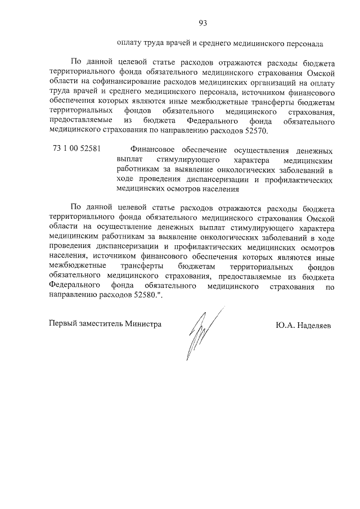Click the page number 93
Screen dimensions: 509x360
pyautogui.click(x=203, y=22)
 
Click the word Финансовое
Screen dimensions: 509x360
pyautogui.click(x=154, y=150)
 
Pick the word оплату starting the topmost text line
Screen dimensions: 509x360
pyautogui.click(x=130, y=43)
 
